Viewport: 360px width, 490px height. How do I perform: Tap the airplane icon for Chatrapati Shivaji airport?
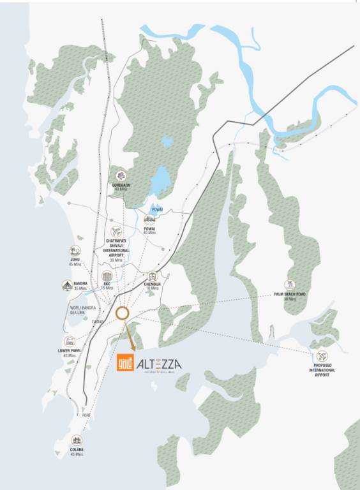coord(116,232)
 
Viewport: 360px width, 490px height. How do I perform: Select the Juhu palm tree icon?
coord(75,251)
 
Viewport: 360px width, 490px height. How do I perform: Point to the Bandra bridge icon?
coord(67,285)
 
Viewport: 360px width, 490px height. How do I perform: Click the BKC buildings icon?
coord(107,277)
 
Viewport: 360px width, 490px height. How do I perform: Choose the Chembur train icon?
coord(153,277)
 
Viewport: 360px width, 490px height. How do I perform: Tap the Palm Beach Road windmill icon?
coord(290,285)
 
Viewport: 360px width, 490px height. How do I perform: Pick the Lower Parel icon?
coord(68,343)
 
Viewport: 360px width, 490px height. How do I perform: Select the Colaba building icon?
coord(77,441)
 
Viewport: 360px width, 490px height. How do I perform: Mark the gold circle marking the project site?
coord(123,313)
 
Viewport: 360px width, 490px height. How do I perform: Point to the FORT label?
coord(86,415)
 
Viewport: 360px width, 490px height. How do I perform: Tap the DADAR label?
coord(98,322)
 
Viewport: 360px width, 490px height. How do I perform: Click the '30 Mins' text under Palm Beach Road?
coord(290,299)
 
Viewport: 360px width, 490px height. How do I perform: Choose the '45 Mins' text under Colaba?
coord(77,454)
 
